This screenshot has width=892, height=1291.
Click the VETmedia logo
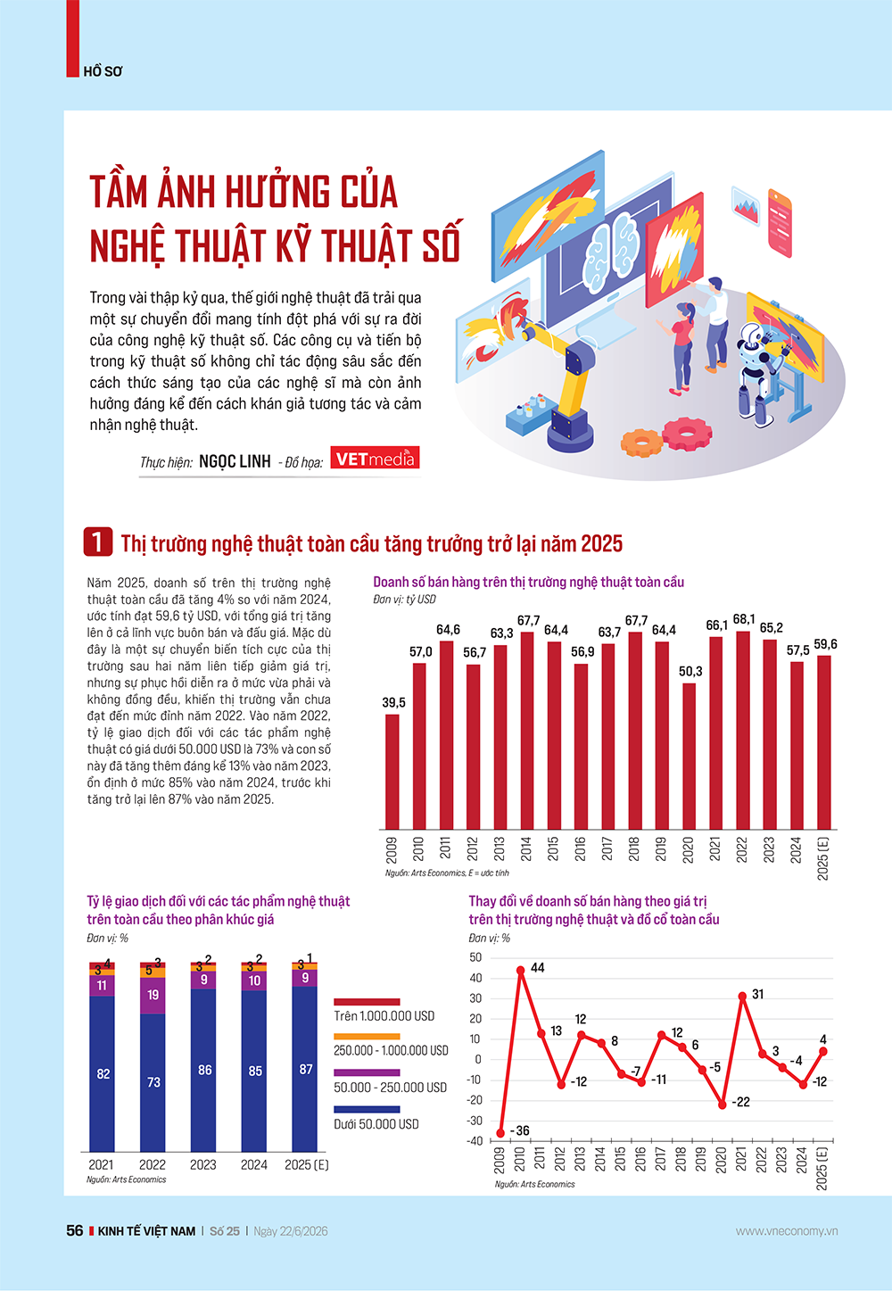[x=375, y=459]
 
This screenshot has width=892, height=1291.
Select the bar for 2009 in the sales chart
[x=392, y=772]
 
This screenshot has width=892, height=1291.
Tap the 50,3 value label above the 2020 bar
[x=690, y=672]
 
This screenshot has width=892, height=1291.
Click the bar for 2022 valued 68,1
[x=743, y=730]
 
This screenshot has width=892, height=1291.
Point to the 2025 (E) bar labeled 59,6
[x=824, y=742]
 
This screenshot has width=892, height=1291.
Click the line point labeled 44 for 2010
[x=520, y=970]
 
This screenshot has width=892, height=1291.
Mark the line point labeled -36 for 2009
[x=500, y=1133]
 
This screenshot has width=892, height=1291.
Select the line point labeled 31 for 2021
[x=742, y=996]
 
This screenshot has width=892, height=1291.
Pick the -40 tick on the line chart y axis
[x=475, y=1140]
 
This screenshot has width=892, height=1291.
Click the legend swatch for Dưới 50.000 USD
[x=367, y=1109]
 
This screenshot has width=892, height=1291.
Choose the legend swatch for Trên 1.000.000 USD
[x=367, y=1002]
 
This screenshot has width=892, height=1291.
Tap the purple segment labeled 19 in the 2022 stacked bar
[x=153, y=996]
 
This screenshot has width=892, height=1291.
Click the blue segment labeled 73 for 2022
[x=153, y=1082]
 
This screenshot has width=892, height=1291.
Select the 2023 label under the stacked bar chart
[x=202, y=1165]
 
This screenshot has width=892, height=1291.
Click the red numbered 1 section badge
[x=98, y=542]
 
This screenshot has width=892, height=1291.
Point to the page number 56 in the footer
[x=75, y=1230]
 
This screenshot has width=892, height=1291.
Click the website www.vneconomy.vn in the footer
[x=787, y=1231]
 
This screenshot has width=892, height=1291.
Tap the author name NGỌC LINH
[x=235, y=461]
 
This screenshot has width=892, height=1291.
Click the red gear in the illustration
[x=687, y=433]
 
